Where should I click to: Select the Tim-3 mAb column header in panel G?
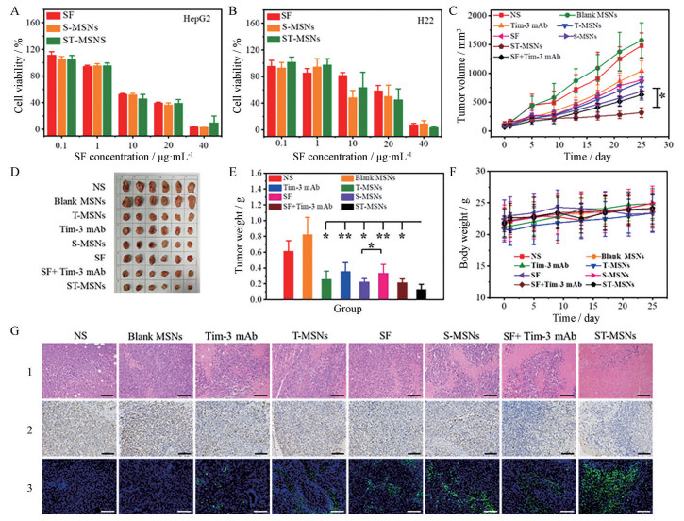225,335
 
